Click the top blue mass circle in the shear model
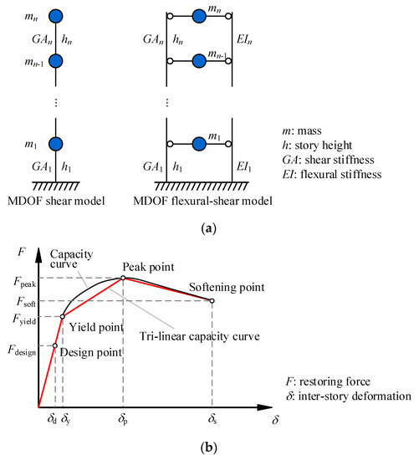[55, 16]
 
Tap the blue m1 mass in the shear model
[55, 144]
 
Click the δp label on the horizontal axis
[123, 417]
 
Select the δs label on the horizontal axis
[212, 417]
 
